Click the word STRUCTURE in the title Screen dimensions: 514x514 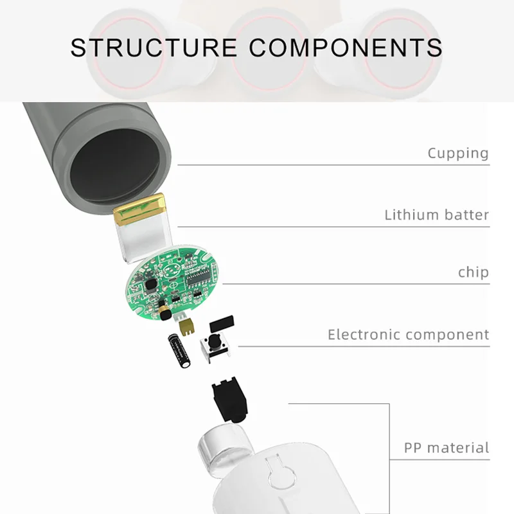(154, 48)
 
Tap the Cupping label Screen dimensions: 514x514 (458, 154)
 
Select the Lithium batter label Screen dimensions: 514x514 (436, 215)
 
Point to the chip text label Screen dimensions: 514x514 (473, 272)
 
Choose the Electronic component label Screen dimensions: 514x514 (408, 335)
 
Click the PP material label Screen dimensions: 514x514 (446, 448)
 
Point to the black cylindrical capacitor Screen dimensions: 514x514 (179, 351)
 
